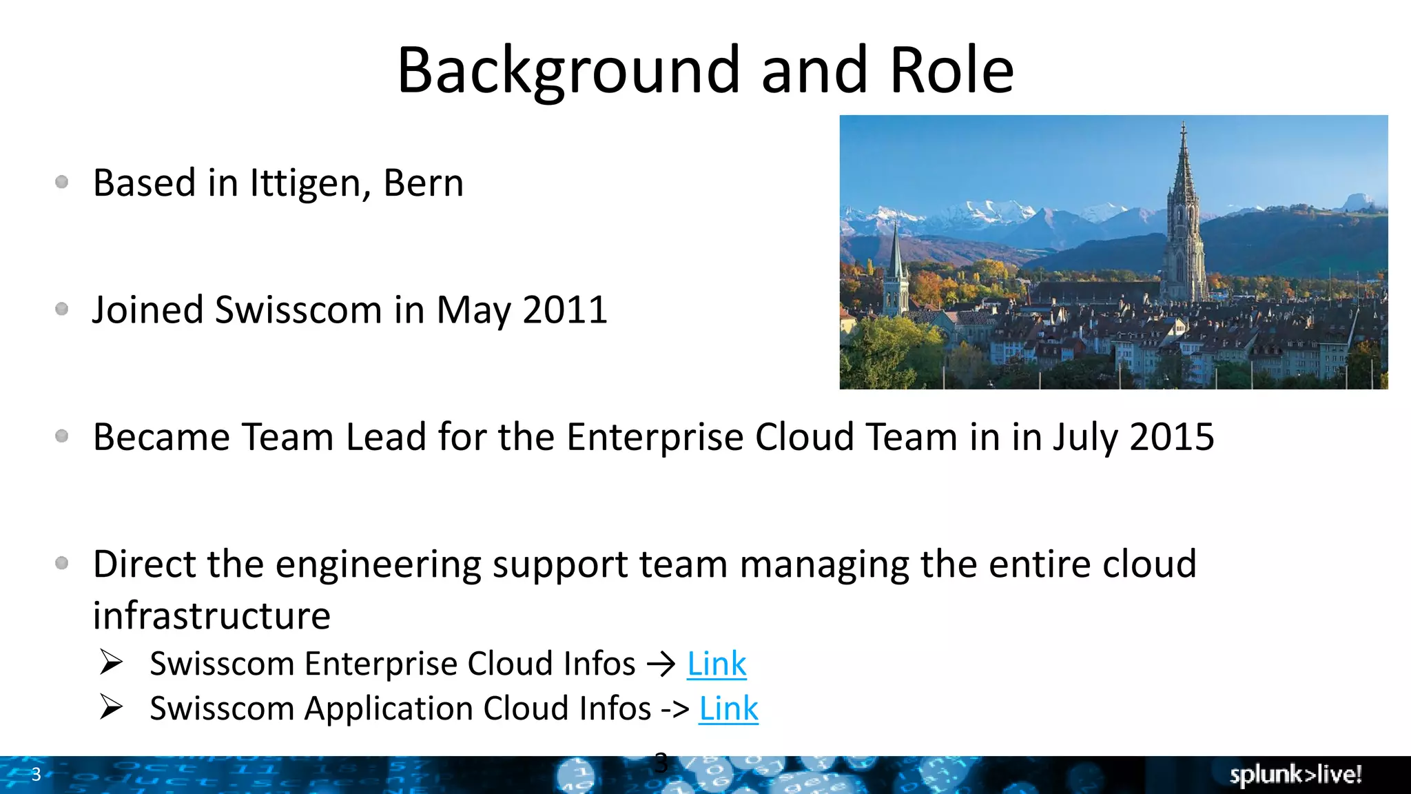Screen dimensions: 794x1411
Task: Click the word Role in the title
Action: [951, 71]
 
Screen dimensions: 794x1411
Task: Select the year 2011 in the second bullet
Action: [565, 310]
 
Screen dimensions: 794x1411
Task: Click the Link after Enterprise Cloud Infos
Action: [717, 664]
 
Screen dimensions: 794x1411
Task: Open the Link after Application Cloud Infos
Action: [728, 709]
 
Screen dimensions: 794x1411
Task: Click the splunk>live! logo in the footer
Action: [1295, 775]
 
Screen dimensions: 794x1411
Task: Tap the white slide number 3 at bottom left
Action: [37, 774]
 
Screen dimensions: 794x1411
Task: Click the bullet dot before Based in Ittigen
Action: [62, 182]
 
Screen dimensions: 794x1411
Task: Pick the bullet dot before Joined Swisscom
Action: [62, 309]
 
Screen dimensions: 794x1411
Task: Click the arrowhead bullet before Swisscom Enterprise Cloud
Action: [111, 662]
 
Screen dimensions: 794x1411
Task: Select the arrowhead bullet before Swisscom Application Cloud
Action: [111, 707]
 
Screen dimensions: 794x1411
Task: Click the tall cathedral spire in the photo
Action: [1184, 207]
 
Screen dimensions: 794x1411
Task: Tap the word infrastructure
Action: [212, 615]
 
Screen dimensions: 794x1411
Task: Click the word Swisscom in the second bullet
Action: [298, 310]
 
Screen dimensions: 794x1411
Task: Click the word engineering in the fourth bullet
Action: [378, 565]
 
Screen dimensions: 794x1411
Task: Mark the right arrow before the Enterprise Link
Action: [661, 664]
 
